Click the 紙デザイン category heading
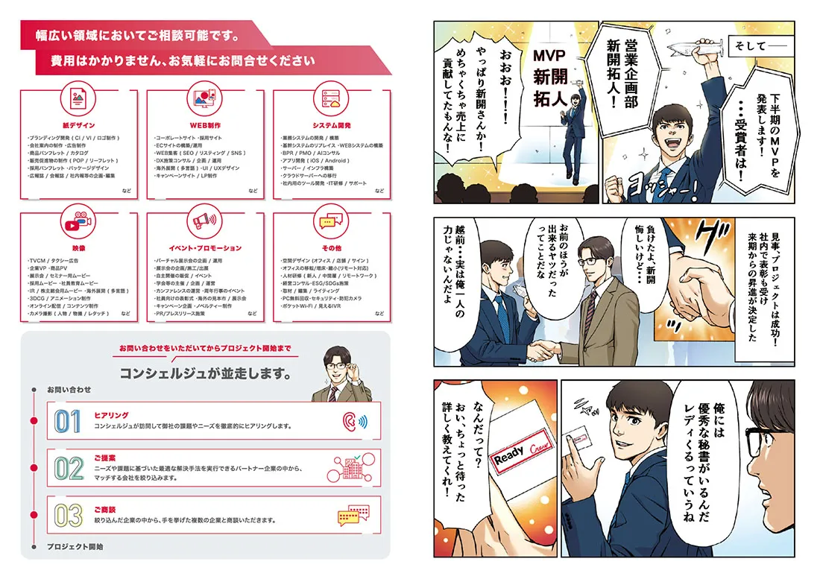pyautogui.click(x=78, y=125)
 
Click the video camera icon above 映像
pyautogui.click(x=78, y=222)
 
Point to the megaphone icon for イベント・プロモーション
pyautogui.click(x=205, y=222)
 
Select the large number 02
pyautogui.click(x=68, y=468)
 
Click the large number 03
pyautogui.click(x=68, y=515)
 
